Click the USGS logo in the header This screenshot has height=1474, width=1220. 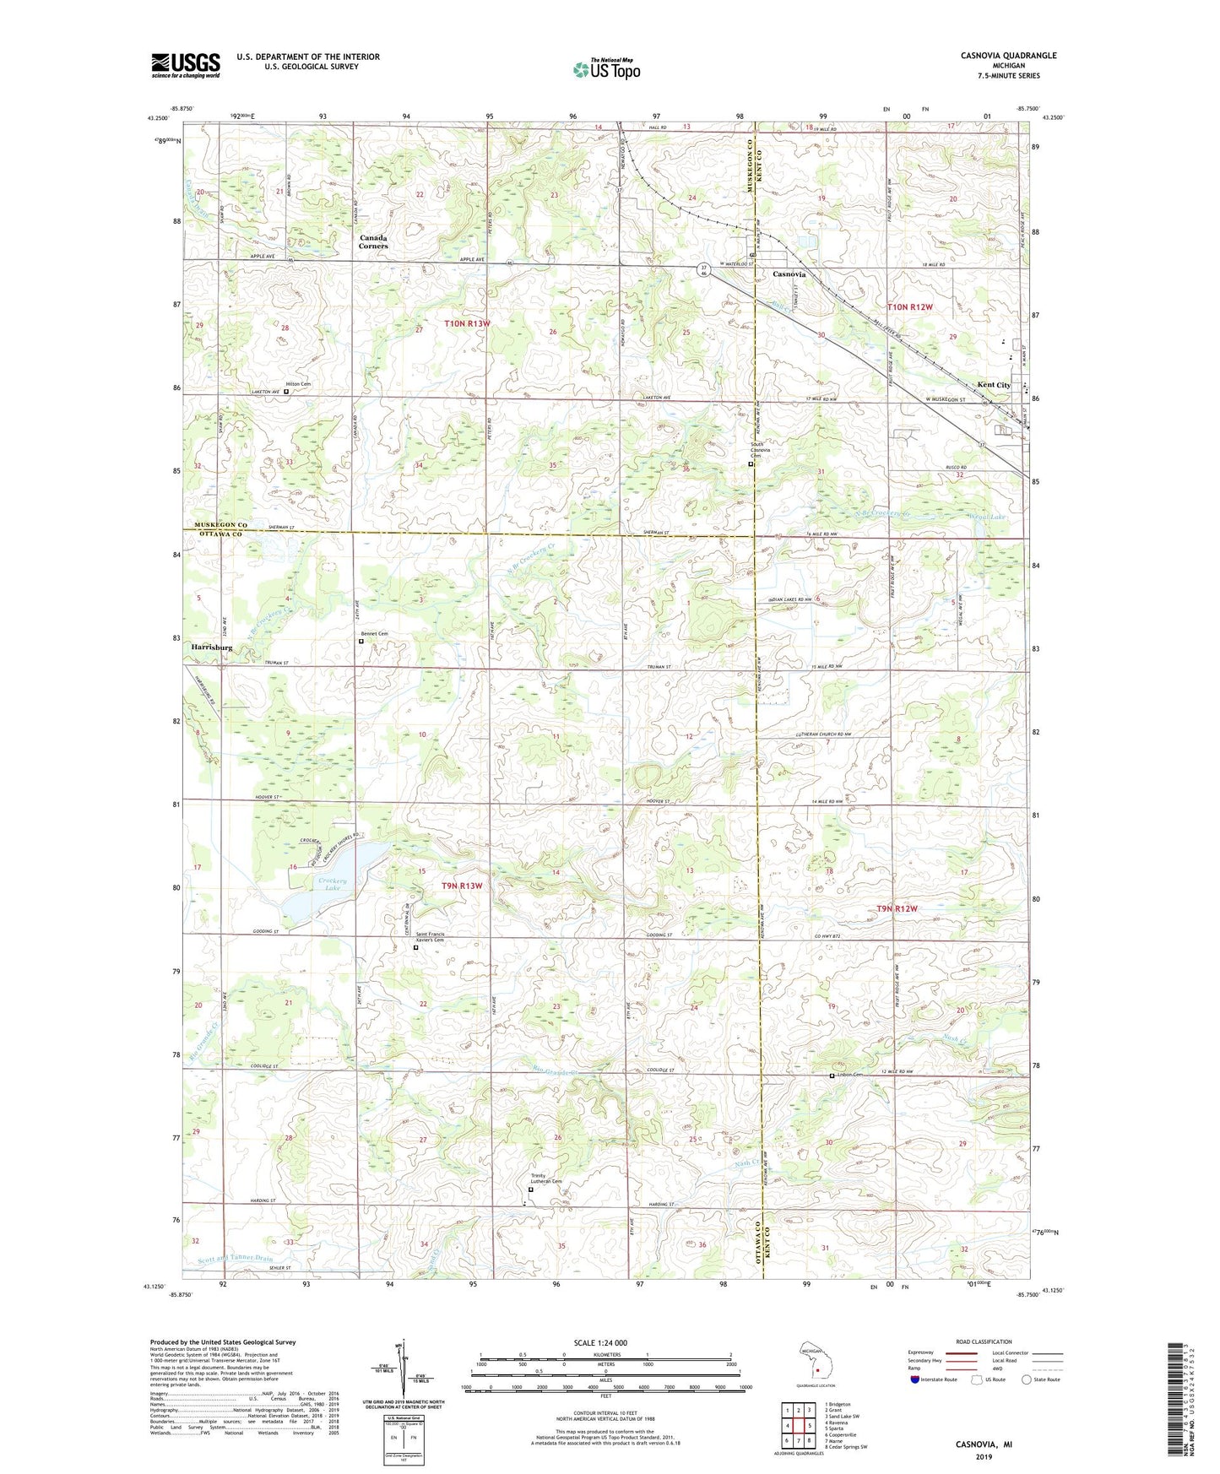[x=185, y=64]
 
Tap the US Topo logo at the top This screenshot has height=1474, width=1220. [x=606, y=69]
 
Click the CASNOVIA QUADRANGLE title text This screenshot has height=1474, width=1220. [x=1008, y=56]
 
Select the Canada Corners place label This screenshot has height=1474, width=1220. [x=372, y=241]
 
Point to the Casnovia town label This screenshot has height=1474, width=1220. [x=789, y=274]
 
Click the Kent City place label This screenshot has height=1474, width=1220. [x=994, y=385]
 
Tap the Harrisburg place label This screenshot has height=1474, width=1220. [x=206, y=648]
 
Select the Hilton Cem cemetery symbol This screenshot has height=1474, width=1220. [x=286, y=392]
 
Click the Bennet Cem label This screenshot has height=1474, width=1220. [x=375, y=633]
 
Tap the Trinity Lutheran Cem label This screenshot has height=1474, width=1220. [x=545, y=1179]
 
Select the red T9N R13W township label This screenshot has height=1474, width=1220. [x=462, y=886]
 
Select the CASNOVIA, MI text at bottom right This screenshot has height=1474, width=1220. [x=984, y=1444]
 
